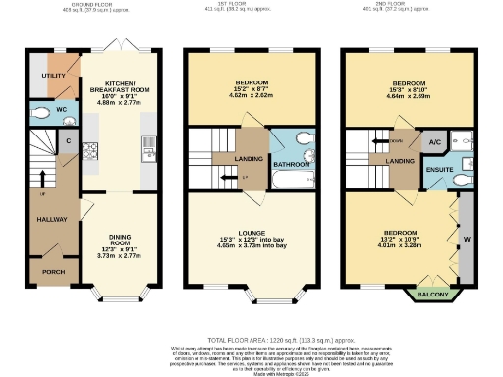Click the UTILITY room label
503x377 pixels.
[x=53, y=75]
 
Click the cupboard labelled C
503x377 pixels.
[x=69, y=140]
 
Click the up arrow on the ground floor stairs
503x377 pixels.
[x=42, y=178]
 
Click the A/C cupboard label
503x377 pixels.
[x=433, y=142]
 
